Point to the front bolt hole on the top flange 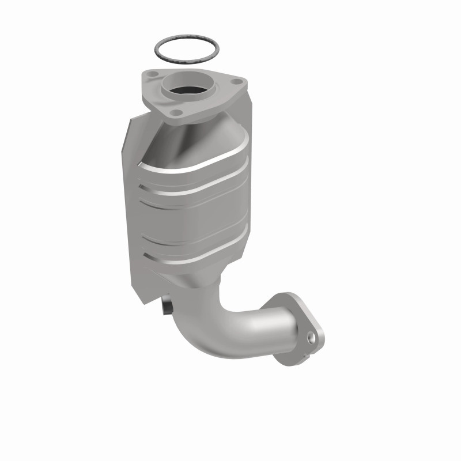(x=178, y=112)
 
